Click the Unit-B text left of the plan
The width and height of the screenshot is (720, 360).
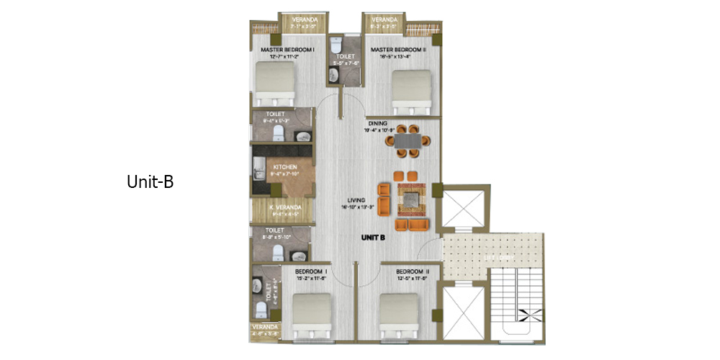pyautogui.click(x=150, y=182)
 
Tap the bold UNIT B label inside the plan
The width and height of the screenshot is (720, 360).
pyautogui.click(x=373, y=237)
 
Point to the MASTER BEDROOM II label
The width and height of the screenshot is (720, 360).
pyautogui.click(x=399, y=50)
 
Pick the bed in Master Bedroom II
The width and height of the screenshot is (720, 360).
pyautogui.click(x=413, y=91)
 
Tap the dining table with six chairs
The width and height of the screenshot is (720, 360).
pyautogui.click(x=408, y=140)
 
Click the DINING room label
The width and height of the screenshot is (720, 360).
pyautogui.click(x=379, y=123)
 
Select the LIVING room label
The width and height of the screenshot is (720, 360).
pyautogui.click(x=356, y=200)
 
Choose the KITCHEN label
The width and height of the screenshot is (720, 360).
pyautogui.click(x=285, y=167)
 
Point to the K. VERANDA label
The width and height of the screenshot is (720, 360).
pyautogui.click(x=284, y=208)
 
